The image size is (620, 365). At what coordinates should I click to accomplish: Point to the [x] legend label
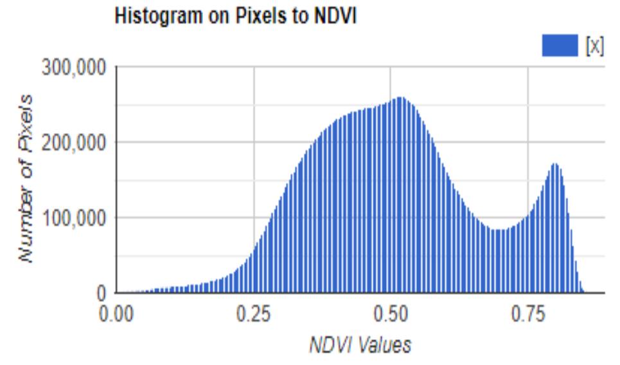594,46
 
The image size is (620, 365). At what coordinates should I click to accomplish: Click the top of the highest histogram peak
400,98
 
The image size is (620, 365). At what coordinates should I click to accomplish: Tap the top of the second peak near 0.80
555,164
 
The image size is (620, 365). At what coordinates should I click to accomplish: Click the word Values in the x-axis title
384,346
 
